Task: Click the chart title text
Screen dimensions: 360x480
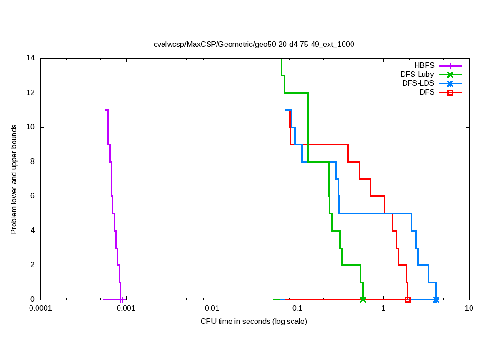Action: tap(254, 45)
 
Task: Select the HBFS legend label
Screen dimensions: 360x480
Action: tap(424, 66)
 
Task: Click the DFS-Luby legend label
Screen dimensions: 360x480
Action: tap(417, 75)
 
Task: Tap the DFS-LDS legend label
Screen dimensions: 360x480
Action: tap(418, 83)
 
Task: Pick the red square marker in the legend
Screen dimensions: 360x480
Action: tap(450, 92)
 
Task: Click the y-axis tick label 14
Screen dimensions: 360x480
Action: tap(31, 58)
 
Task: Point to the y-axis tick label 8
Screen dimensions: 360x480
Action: tap(33, 162)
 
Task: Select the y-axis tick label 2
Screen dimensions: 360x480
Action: tap(33, 265)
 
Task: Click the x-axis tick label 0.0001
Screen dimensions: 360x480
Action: tap(40, 308)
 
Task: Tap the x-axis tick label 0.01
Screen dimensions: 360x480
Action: tap(212, 308)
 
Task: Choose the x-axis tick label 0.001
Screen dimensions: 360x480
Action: tap(126, 308)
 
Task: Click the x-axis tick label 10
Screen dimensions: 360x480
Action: tap(469, 308)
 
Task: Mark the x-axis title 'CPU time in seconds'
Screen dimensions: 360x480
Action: tap(254, 322)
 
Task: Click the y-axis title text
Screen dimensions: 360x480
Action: tap(15, 179)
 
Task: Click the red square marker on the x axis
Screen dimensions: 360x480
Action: tap(407, 300)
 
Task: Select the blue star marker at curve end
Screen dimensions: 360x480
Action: tap(436, 300)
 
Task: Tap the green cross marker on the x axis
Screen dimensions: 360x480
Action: tap(363, 300)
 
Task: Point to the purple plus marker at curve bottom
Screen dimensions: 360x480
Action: tap(122, 300)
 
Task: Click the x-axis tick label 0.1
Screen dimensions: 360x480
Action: tap(298, 308)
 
